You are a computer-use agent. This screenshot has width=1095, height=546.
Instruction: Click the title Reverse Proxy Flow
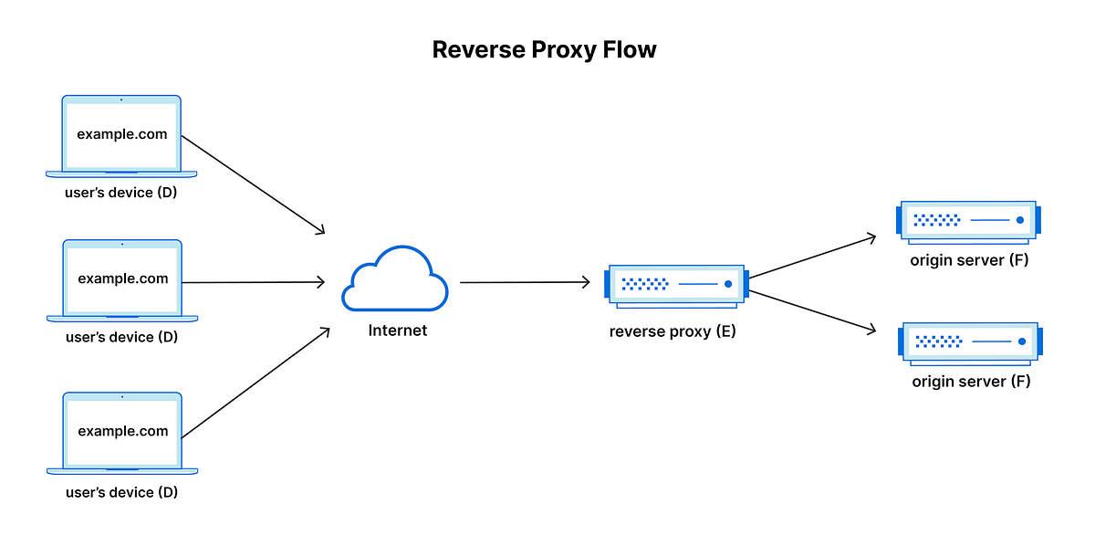(544, 49)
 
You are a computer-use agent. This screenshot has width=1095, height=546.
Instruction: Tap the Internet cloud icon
(395, 279)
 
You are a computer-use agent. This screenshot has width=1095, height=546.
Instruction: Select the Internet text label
(397, 331)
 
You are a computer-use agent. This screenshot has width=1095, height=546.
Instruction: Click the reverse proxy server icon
(676, 285)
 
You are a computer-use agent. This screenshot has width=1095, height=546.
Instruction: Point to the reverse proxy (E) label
(673, 331)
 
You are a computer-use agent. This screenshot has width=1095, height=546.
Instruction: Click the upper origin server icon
(968, 220)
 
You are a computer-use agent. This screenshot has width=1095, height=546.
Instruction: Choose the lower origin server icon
(970, 341)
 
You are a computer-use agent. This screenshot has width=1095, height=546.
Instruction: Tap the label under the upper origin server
(969, 261)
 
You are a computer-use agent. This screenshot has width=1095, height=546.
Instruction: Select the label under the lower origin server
(971, 382)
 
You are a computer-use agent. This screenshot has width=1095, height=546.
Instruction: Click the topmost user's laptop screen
(121, 133)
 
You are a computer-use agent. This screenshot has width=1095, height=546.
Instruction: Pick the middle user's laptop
(122, 280)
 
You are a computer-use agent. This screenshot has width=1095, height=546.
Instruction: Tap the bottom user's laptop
(122, 433)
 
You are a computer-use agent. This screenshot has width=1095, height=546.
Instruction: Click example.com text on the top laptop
(122, 134)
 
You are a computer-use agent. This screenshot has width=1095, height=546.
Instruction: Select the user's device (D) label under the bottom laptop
(121, 493)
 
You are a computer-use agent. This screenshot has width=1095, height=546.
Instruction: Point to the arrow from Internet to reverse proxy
(525, 283)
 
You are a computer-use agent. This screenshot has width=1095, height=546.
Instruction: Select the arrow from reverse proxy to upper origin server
(812, 257)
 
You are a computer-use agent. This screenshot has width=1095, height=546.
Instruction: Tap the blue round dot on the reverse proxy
(728, 285)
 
